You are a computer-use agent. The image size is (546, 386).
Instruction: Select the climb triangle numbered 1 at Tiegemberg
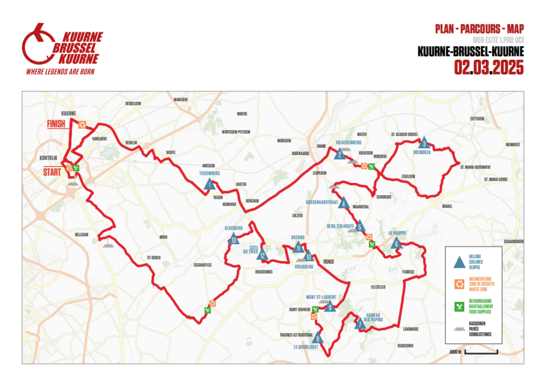[210, 184]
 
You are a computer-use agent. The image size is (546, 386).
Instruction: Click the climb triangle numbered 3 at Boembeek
[424, 143]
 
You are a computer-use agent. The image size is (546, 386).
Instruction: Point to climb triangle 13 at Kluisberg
[234, 239]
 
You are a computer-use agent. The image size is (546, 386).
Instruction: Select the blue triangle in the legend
[457, 262]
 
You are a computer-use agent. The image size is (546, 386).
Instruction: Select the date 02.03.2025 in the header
[489, 68]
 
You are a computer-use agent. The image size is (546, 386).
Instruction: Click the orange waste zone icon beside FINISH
[82, 124]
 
